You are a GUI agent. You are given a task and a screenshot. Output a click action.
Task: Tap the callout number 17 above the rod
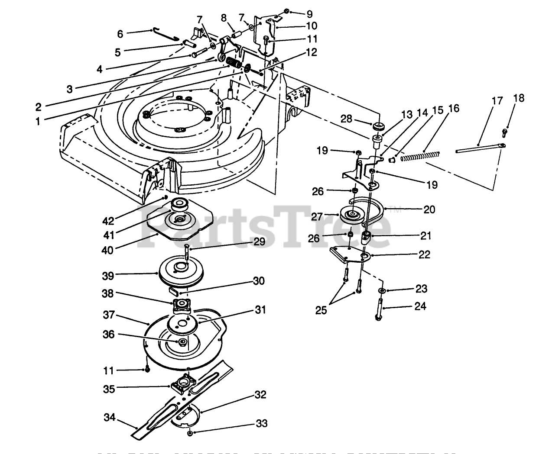tap(497, 101)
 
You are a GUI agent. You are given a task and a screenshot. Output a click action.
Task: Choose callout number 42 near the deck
tap(108, 221)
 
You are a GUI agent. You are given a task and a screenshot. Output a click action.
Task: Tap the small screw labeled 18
tap(505, 131)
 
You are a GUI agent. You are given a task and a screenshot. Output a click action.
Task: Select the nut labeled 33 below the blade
tap(190, 433)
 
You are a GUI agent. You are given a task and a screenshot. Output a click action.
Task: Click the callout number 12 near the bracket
tap(311, 53)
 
